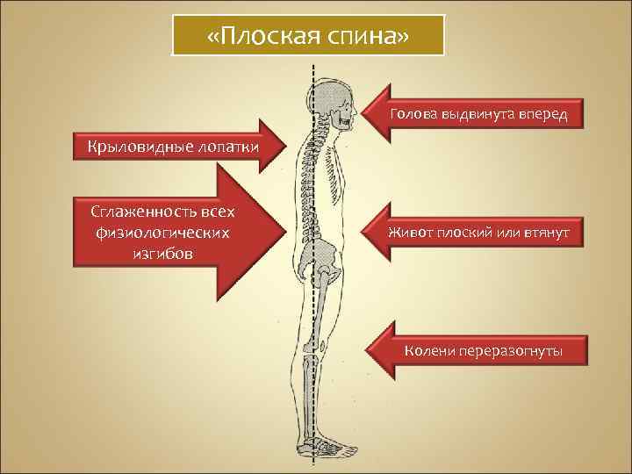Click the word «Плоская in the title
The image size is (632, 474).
264,36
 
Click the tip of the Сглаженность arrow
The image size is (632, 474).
286,233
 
